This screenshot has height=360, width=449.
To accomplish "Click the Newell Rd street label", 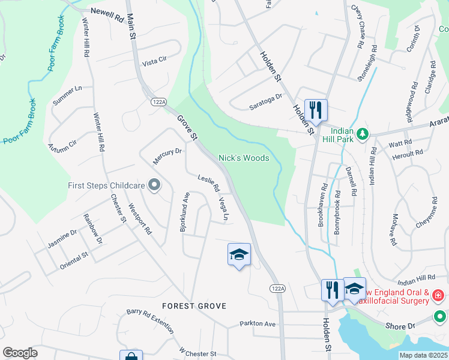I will point(107,11).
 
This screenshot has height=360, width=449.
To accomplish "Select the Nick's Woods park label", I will point(243,158).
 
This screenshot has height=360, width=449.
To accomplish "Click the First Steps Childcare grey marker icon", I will point(155,185).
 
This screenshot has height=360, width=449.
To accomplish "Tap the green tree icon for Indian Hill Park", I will point(362,133).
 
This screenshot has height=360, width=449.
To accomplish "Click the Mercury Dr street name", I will point(167,154).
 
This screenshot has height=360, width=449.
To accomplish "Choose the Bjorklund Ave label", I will point(184,212).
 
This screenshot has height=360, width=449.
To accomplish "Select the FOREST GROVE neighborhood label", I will point(194,306).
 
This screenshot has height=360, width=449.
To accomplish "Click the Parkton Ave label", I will point(257,323).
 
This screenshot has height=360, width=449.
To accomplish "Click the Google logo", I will point(20,352).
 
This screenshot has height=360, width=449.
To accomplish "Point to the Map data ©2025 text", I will point(423,355).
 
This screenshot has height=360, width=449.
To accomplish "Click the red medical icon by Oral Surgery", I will point(438,296).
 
